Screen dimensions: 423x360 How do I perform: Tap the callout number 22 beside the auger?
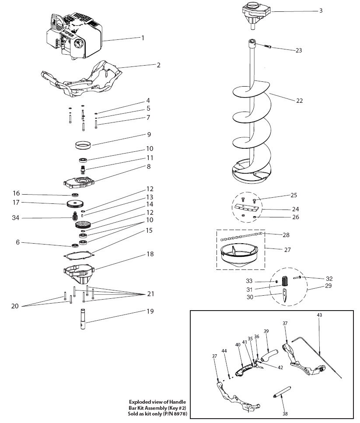click(299, 101)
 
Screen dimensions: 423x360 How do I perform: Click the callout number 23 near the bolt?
click(299, 50)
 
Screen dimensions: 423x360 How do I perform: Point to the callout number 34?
click(17, 218)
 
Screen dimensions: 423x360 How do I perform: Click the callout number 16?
click(17, 193)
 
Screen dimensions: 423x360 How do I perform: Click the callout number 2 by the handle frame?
click(159, 65)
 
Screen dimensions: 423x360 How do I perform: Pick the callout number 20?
click(14, 306)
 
